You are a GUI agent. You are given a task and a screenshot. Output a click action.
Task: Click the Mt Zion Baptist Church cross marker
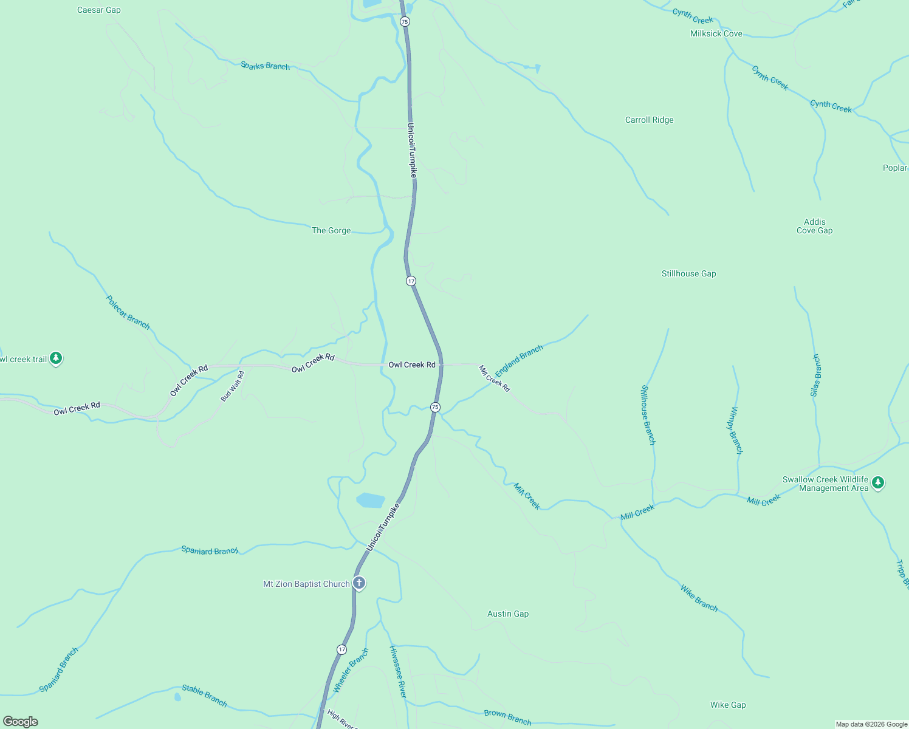pos(359,583)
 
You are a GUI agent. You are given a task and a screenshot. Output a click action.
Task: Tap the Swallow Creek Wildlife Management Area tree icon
pos(877,483)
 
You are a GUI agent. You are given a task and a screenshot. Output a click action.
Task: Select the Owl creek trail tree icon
pos(56,358)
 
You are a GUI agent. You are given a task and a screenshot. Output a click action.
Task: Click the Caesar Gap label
pos(99,10)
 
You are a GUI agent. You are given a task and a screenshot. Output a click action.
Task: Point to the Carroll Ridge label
pos(649,120)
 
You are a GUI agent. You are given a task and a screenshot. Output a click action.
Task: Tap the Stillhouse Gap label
pos(688,273)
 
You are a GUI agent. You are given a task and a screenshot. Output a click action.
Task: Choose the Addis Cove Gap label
pos(814,226)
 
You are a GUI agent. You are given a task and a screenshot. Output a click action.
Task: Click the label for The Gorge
pos(331,230)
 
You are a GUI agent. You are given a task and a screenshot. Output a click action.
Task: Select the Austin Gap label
pos(508,614)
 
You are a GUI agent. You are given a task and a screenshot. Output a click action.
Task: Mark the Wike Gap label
pos(728,705)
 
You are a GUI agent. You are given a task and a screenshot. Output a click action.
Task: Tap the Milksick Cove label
pos(716,33)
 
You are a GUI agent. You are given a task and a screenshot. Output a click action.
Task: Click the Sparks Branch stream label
pos(265,66)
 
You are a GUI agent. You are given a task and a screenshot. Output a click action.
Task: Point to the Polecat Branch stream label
pos(128,312)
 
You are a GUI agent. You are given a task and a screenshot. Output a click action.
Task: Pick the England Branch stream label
pos(519,361)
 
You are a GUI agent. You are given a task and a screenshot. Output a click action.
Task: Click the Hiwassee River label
pos(398,671)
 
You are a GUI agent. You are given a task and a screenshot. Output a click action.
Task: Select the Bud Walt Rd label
pos(233,386)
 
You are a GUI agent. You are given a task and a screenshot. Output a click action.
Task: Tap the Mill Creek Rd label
pos(495,378)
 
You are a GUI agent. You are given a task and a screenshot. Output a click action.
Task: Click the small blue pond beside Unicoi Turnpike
pos(371,500)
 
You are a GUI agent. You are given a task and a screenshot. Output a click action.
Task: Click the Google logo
pos(21,722)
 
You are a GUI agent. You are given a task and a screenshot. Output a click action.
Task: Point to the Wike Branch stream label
pos(699,598)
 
